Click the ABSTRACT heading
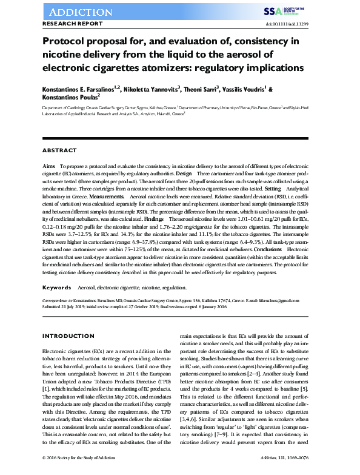click(59, 150)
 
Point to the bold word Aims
click(49, 166)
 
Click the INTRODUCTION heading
click(68, 336)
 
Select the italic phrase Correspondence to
click(58, 300)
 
